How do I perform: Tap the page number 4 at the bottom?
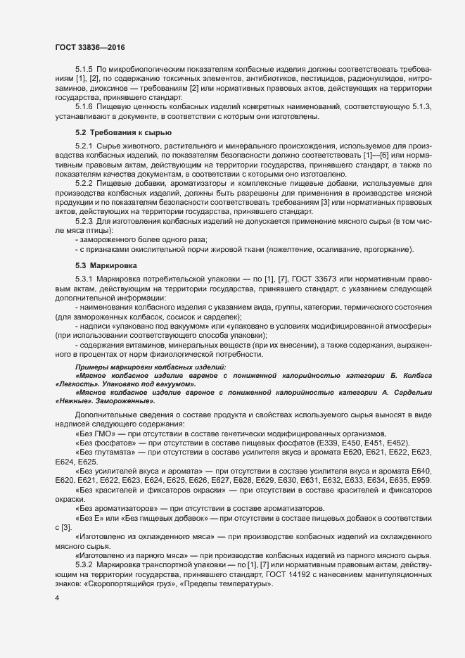click(x=56, y=599)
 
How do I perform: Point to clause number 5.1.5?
click(x=84, y=72)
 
